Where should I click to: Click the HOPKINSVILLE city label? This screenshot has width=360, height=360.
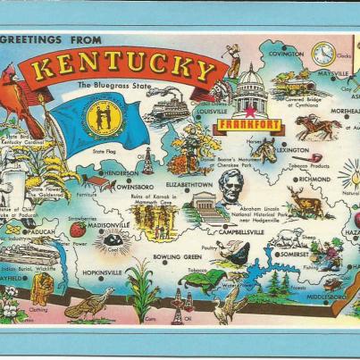coord(101,269)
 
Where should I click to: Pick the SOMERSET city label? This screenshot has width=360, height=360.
coord(295,255)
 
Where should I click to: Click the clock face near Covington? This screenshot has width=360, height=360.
coord(322,54)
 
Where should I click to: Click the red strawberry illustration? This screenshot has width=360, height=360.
coord(78,230)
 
